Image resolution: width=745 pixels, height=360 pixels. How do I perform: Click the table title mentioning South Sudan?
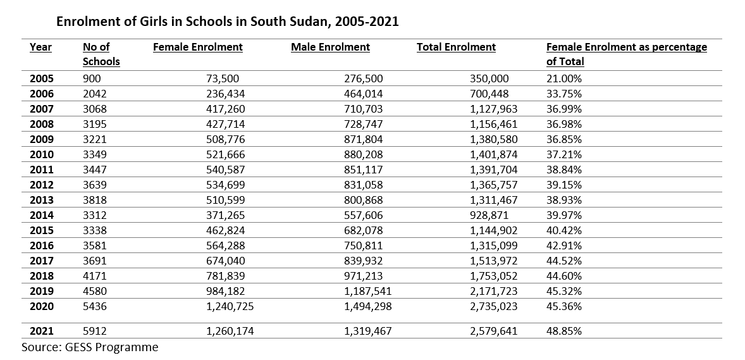click(x=228, y=22)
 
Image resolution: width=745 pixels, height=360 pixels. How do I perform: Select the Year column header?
click(x=40, y=47)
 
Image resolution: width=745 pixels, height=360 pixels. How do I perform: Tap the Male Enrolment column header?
click(x=330, y=47)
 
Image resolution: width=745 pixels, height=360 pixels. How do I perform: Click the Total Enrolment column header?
click(x=456, y=47)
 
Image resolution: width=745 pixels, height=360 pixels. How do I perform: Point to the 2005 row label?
click(x=42, y=79)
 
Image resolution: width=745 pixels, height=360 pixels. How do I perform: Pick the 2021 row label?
click(x=42, y=331)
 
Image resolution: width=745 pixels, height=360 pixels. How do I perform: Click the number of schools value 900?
click(x=92, y=79)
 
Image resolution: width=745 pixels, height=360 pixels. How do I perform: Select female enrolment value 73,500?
click(x=223, y=79)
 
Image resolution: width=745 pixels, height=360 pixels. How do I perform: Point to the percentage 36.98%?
click(x=564, y=124)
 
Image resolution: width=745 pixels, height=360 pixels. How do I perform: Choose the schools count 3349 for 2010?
click(x=95, y=154)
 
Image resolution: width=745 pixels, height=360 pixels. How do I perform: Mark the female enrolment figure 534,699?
click(x=226, y=185)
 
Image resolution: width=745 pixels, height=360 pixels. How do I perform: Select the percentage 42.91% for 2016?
click(x=564, y=245)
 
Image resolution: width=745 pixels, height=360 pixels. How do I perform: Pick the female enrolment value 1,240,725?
click(x=230, y=306)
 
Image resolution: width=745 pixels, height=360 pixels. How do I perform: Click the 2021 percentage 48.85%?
click(x=564, y=331)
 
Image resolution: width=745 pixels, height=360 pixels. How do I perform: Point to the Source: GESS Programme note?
click(x=90, y=347)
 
